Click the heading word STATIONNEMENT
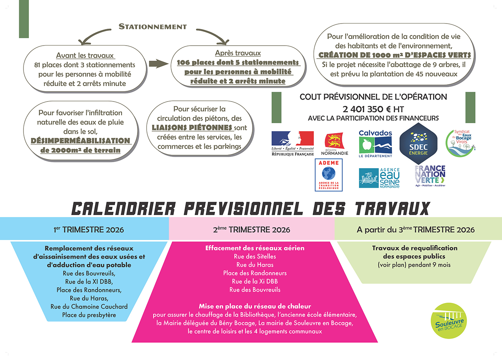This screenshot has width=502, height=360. (x=153, y=26)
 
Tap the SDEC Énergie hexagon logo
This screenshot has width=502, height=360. (x=418, y=144)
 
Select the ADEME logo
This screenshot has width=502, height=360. (x=329, y=175)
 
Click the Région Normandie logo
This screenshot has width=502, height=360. (x=334, y=144)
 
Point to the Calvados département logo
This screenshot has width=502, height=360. (x=375, y=144)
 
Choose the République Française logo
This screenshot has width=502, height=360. (x=293, y=144)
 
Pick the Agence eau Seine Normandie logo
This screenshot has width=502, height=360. (x=379, y=178)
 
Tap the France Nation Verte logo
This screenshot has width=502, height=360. (x=430, y=176)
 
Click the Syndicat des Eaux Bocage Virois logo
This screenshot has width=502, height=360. (x=460, y=142)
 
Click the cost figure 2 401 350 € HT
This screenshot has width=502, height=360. (x=373, y=109)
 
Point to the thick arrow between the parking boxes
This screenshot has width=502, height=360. (x=158, y=64)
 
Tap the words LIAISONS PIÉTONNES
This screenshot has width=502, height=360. (x=192, y=128)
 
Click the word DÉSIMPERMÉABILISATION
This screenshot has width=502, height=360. (x=80, y=141)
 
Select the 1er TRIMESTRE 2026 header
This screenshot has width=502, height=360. (x=89, y=229)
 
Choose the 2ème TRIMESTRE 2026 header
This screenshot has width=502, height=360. (x=252, y=229)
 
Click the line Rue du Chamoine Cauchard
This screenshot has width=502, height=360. (x=89, y=307)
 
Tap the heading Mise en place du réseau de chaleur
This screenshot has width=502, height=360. (x=255, y=306)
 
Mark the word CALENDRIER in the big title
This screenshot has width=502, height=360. (x=123, y=208)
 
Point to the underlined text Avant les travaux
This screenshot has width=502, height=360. (x=85, y=56)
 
